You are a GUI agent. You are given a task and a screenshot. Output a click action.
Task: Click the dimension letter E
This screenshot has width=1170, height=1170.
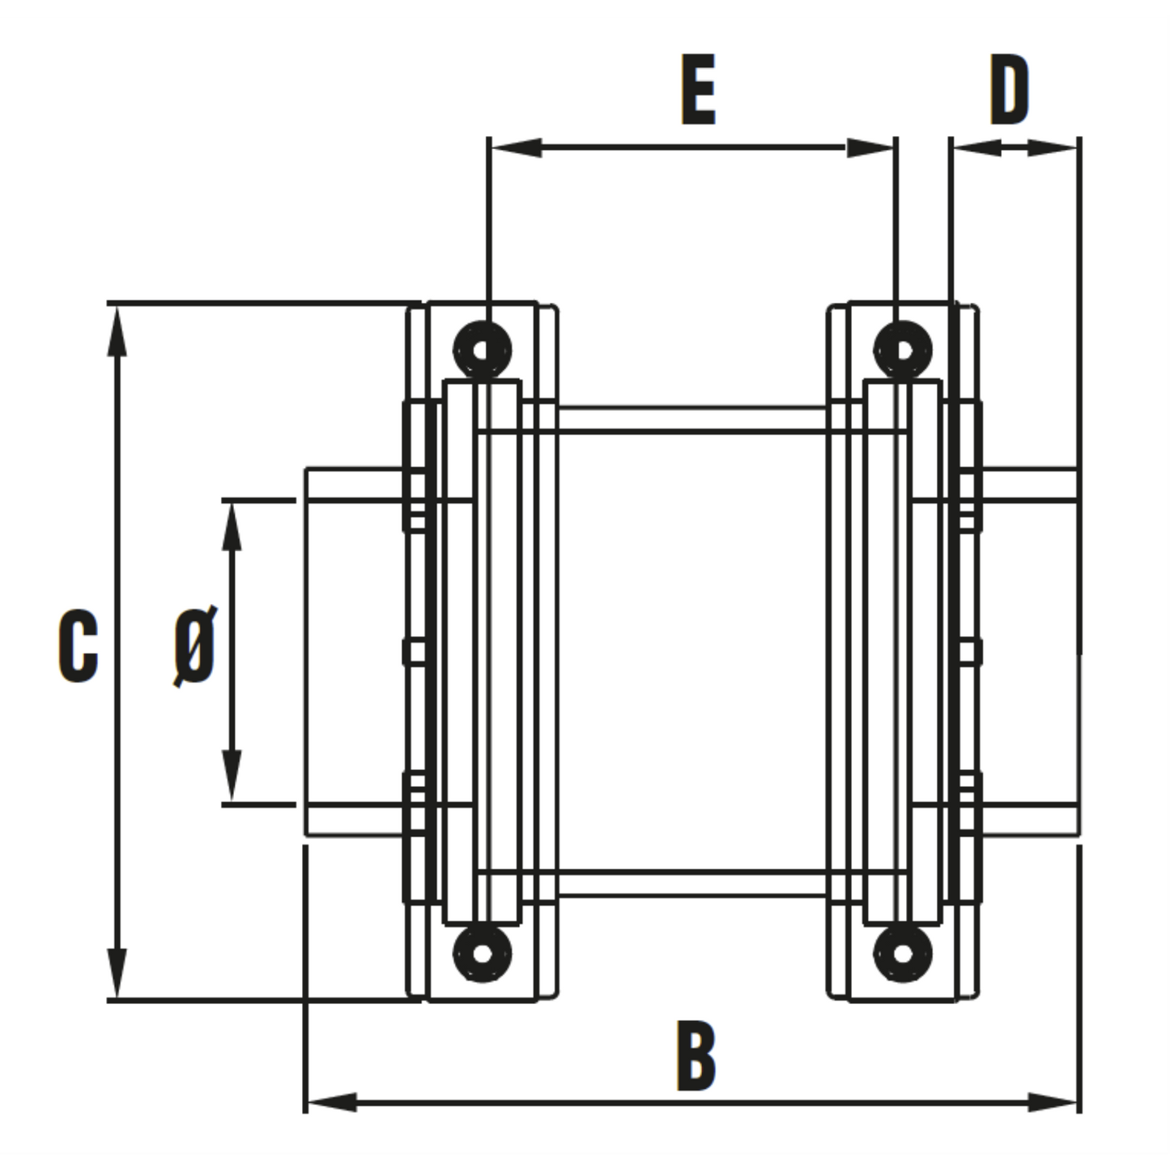coord(698,89)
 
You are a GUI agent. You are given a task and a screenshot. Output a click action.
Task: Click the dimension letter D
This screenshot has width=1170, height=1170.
coord(1009,89)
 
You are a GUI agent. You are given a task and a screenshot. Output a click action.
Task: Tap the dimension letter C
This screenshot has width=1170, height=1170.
coord(79,645)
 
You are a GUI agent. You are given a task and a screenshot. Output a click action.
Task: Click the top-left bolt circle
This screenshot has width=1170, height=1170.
coord(482,350)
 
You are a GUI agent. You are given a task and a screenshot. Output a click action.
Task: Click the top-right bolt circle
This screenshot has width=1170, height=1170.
coord(902,350)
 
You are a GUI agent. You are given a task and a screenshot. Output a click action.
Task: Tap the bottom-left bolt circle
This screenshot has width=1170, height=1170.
coord(482,953)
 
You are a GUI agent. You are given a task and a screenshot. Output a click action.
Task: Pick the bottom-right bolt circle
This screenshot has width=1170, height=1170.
coord(902,953)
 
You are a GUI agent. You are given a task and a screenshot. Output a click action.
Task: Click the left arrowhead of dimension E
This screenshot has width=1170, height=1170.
coord(516,147)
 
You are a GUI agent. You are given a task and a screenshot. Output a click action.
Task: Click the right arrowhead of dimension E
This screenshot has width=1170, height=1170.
coord(870,147)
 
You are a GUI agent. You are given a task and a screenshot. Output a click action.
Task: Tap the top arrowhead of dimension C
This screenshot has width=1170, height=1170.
coord(117,331)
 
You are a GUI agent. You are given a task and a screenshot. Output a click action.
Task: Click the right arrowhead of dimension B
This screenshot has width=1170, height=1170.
coord(1053,1102)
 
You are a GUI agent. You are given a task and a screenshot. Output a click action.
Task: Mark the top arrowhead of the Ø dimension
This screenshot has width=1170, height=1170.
coord(232,527)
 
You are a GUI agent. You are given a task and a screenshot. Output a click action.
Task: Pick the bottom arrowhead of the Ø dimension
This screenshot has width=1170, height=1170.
coord(232,776)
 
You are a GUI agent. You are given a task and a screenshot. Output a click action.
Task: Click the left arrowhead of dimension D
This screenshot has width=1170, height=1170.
coord(977,147)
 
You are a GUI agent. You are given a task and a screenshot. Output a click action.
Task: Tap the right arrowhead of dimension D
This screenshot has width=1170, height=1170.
coord(1053,147)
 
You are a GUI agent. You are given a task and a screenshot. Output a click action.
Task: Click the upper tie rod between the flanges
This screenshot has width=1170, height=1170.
coord(692,419)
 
